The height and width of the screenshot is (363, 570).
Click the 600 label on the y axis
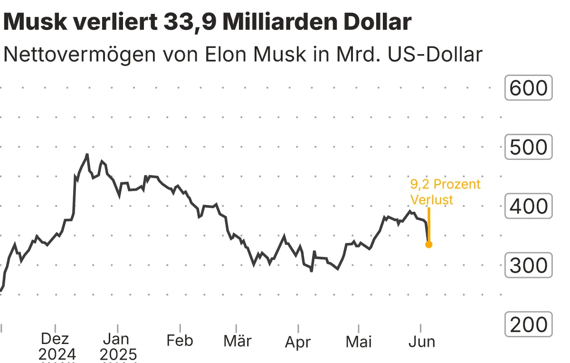pyautogui.click(x=528, y=88)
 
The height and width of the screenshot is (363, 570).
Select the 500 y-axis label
pyautogui.click(x=528, y=147)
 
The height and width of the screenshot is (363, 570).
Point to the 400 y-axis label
pyautogui.click(x=528, y=206)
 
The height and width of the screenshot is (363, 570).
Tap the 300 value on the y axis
pyautogui.click(x=528, y=266)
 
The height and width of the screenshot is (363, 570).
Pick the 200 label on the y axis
pyautogui.click(x=528, y=325)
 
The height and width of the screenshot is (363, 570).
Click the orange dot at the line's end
pyautogui.click(x=428, y=244)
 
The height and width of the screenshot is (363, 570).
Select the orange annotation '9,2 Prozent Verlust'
pyautogui.click(x=445, y=192)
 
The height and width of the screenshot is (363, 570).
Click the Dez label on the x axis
pyautogui.click(x=55, y=339)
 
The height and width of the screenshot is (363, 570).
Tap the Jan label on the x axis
pyautogui.click(x=116, y=339)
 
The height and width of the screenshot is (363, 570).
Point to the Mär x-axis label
pyautogui.click(x=237, y=341)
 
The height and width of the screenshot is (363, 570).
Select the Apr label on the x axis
pyautogui.click(x=298, y=342)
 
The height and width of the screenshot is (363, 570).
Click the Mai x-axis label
pyautogui.click(x=359, y=341)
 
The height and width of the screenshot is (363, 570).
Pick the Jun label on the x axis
pyautogui.click(x=421, y=341)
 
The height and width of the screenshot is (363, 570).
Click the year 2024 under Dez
pyautogui.click(x=57, y=354)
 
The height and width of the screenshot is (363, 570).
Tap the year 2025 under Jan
pyautogui.click(x=118, y=354)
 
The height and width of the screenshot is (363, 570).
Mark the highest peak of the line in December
pyautogui.click(x=87, y=155)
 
